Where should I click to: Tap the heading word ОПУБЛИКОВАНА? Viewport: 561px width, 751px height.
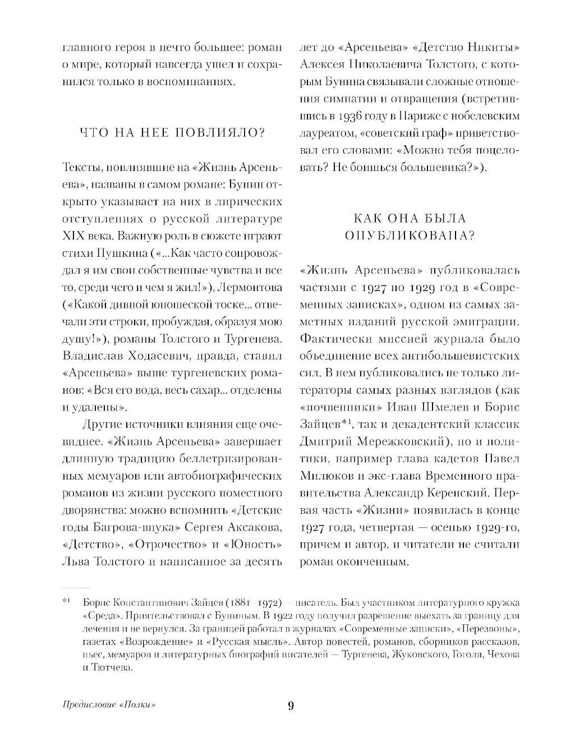coord(409,235)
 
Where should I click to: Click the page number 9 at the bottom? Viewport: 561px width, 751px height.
coord(290,705)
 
